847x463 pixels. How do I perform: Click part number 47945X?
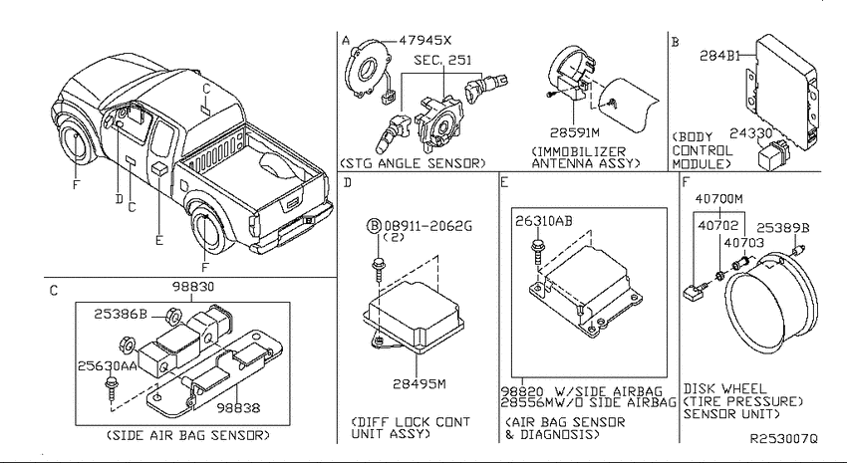(424, 41)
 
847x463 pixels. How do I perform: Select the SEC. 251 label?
(442, 60)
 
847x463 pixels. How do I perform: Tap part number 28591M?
(575, 132)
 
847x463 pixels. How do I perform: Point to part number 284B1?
(720, 56)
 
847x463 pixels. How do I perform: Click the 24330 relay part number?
(751, 133)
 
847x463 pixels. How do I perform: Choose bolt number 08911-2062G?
(427, 226)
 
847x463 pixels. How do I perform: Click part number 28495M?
(420, 384)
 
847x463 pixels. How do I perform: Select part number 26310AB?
(543, 221)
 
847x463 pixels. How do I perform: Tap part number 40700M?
(719, 199)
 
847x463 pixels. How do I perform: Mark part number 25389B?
(782, 228)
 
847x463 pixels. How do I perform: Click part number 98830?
(193, 287)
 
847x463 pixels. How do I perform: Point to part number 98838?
(238, 408)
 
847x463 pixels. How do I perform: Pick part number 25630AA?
(107, 365)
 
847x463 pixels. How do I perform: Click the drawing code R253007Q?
(784, 439)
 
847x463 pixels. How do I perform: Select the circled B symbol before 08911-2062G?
(374, 226)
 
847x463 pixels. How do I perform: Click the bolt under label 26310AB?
(537, 250)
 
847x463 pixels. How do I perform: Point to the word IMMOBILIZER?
(579, 151)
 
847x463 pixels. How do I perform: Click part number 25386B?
(121, 314)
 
